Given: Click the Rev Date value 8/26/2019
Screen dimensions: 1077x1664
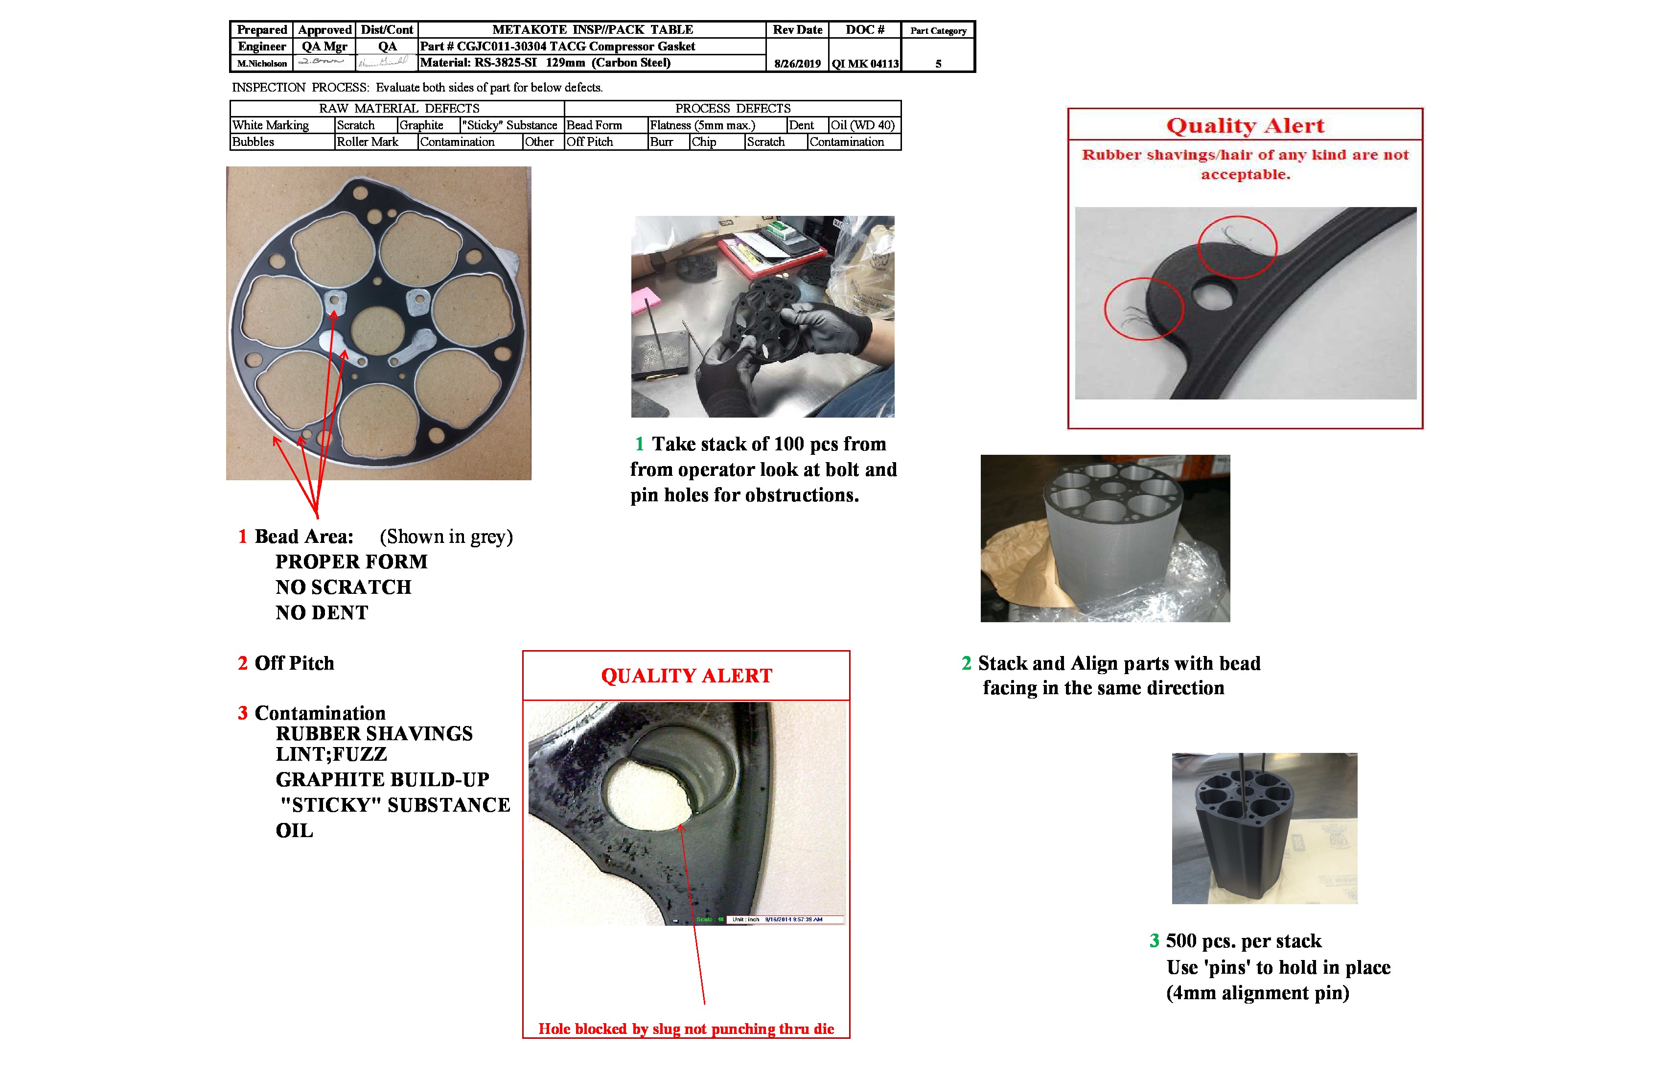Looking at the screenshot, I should point(797,64).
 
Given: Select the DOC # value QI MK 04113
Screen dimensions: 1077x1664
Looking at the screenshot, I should point(865,64).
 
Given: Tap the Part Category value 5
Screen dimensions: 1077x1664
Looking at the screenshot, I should point(938,64).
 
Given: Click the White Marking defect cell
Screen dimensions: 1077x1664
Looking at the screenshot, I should point(271,125).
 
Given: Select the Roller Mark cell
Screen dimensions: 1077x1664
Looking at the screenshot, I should point(368,142).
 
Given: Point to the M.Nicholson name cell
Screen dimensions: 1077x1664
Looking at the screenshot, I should point(261,64).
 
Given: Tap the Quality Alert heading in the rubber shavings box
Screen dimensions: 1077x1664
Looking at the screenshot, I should point(1245,125).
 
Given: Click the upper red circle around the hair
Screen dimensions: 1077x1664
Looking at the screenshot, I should point(1237,247).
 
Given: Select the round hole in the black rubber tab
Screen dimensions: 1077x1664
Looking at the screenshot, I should point(1213,294).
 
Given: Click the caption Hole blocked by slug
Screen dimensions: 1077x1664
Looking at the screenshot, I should point(686,1029).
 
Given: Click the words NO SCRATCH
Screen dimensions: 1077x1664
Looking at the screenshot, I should point(343,587).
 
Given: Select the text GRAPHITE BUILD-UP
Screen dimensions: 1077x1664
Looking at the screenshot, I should point(382,779).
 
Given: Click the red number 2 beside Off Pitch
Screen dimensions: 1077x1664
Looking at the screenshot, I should point(243,663).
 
